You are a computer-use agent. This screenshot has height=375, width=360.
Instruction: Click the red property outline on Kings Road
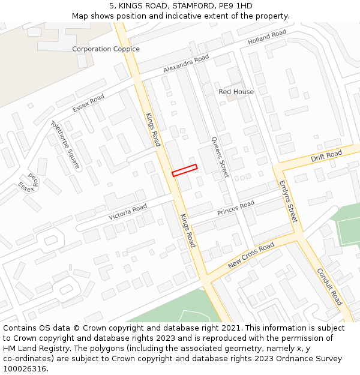coord(185,170)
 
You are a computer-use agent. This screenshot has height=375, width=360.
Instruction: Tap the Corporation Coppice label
coord(106,49)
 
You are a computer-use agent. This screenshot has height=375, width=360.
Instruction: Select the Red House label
coord(236,92)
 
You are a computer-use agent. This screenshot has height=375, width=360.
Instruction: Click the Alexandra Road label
coord(186,64)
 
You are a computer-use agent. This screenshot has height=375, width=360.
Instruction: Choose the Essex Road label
coord(88,103)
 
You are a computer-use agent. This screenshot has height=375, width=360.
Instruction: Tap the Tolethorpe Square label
coord(65,145)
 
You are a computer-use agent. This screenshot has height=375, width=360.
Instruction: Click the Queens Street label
coord(220,157)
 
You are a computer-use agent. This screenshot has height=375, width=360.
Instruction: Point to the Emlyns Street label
coord(289,202)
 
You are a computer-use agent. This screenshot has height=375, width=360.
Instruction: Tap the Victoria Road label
coord(128,212)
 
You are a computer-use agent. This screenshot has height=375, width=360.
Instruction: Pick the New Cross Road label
coord(251,256)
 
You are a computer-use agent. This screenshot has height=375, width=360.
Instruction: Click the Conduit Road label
coord(329,287)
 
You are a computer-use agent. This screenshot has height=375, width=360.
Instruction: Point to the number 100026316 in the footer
coord(25,368)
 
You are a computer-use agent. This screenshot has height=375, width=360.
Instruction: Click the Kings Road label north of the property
coord(153,129)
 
